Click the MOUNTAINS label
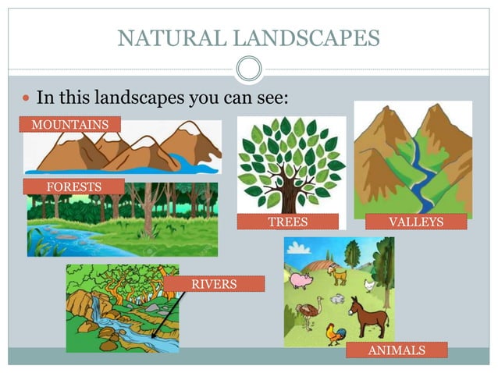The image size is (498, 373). pos(70,124)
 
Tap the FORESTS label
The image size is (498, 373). pos(73,186)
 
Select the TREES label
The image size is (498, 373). pos(287,222)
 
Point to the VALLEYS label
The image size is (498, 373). pos(415,222)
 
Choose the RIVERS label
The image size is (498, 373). pos(214,284)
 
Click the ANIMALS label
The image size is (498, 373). pos(397,350)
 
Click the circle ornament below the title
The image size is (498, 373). pos(249,69)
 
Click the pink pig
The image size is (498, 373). pos(301,279)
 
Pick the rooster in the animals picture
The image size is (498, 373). pos(336,333)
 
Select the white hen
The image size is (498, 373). pos(369,286)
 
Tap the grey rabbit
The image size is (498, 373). pos(337,299)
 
